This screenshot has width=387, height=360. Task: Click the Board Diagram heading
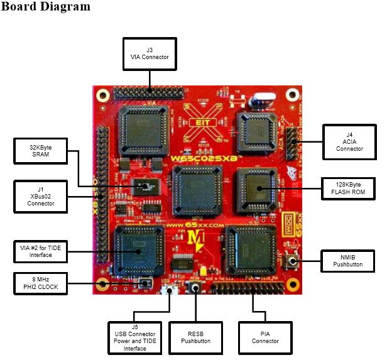click(46, 8)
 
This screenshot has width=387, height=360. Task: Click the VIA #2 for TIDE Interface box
click(40, 251)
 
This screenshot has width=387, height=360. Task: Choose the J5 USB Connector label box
click(135, 336)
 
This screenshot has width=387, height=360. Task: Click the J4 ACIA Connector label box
click(347, 140)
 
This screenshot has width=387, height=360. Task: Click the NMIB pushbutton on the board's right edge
click(293, 260)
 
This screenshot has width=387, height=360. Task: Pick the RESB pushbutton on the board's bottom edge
click(195, 290)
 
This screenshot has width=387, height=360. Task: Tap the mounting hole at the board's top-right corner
click(292, 95)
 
